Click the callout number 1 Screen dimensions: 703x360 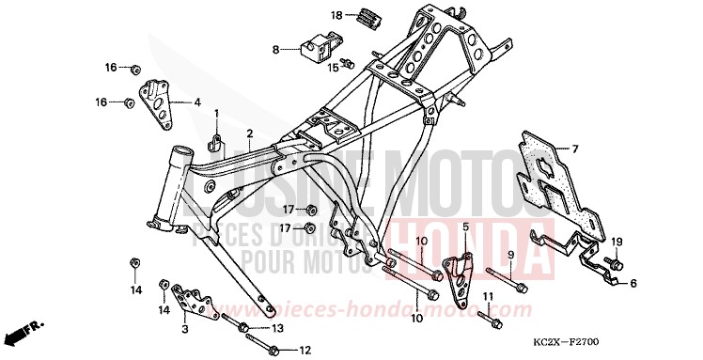215,114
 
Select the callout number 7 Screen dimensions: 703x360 576,149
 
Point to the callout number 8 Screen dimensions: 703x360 275,49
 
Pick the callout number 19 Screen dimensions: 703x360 617,243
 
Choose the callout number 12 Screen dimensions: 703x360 305,351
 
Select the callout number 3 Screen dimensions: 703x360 185,329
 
